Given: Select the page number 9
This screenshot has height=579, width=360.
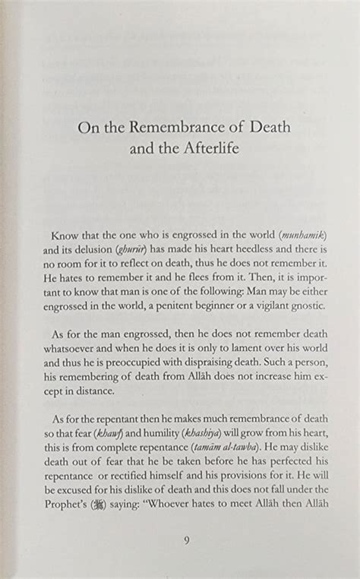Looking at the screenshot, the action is click(x=186, y=540).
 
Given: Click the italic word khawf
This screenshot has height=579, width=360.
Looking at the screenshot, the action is click(x=106, y=433).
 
